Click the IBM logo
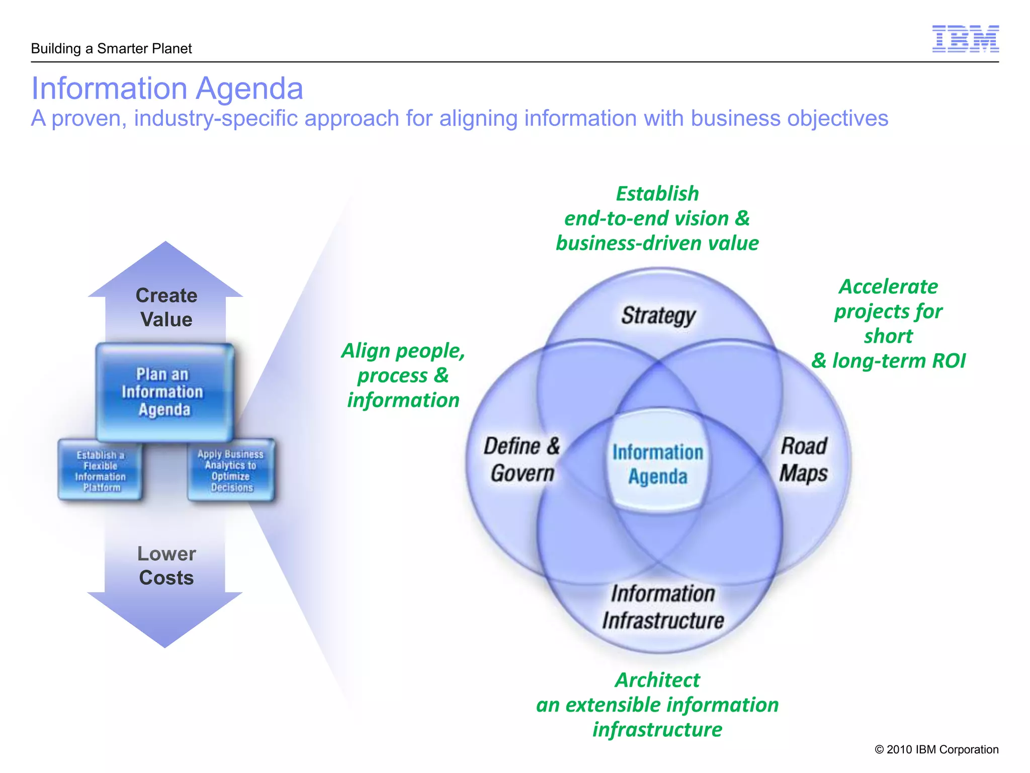[965, 39]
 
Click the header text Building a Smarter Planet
[111, 49]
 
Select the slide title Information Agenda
[167, 89]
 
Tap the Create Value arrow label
[166, 307]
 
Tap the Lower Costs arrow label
[166, 566]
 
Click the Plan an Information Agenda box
[164, 392]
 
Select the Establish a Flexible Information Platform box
[100, 471]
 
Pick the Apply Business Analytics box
[231, 471]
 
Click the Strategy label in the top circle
[658, 316]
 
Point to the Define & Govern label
[522, 459]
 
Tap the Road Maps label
[803, 459]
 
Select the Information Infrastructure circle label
[663, 607]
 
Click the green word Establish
[657, 194]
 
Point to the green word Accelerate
[888, 287]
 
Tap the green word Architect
[657, 680]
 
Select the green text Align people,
[403, 351]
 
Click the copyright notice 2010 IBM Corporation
[936, 749]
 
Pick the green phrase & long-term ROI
[888, 361]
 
